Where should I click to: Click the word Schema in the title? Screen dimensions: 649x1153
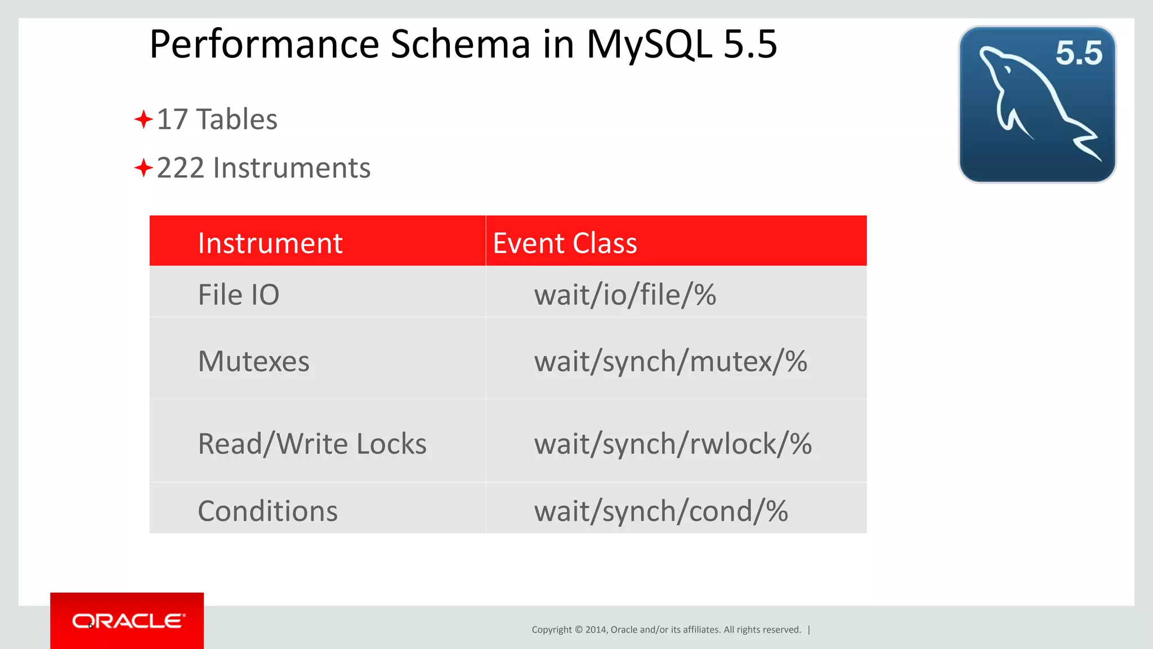coord(460,45)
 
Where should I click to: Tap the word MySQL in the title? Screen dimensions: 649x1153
coord(649,45)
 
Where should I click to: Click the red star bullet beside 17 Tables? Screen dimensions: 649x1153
coord(144,119)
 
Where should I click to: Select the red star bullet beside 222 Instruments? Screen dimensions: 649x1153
coord(144,168)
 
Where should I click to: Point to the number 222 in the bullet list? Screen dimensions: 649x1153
coord(180,168)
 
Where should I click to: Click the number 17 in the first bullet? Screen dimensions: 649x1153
coord(172,119)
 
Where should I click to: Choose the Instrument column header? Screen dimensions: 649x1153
coord(270,243)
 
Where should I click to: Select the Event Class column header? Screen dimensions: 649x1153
coord(565,243)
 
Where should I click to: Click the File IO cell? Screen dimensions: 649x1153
coord(239,295)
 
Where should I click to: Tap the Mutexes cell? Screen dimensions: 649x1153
coord(253,361)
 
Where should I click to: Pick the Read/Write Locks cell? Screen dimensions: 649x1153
coord(312,444)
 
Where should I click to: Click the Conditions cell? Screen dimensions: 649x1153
coord(267,511)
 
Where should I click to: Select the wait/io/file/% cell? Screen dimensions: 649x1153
coord(625,295)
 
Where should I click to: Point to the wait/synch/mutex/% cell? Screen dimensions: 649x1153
coord(670,361)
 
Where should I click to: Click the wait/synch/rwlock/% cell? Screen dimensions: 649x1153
coord(673,444)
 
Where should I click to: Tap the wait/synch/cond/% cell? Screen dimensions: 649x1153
coord(660,511)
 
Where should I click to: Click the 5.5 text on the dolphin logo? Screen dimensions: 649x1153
coord(1078,54)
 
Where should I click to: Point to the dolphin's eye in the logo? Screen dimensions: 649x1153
coord(1008,70)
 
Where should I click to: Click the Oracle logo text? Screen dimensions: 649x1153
coord(128,621)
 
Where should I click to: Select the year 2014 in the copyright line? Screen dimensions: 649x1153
coord(595,630)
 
